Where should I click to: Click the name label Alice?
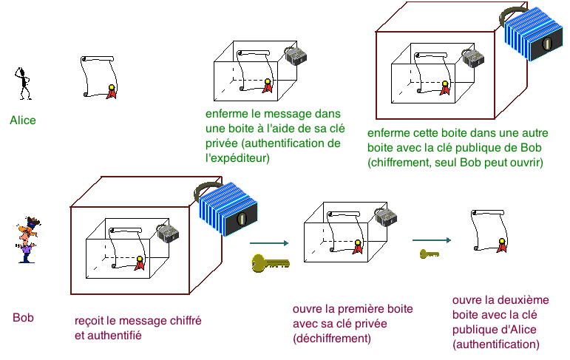coord(23,120)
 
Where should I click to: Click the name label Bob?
coord(23,318)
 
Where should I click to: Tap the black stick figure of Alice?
coord(24,83)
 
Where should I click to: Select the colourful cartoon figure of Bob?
coord(27,239)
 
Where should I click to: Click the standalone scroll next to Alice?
coord(96,76)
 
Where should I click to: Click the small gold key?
coord(429,254)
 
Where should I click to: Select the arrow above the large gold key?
coord(268,242)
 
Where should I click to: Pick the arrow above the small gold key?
coord(431,240)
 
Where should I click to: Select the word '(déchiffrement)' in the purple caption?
coord(331,339)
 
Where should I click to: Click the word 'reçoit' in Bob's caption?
coord(90,322)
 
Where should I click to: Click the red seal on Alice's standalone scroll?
coord(112,91)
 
